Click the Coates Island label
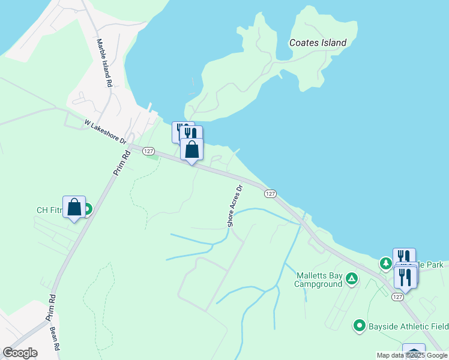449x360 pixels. coord(318,43)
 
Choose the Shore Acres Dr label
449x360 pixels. coord(235,206)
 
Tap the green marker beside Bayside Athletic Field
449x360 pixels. coord(360,326)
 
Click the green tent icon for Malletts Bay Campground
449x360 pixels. coord(352,278)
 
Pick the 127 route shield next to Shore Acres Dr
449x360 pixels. coord(270,193)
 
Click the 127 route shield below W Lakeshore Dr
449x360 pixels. coord(149,152)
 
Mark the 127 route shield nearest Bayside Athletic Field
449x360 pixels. coord(397,296)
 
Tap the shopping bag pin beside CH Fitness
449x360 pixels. coord(74,208)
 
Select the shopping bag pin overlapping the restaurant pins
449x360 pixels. coord(191,149)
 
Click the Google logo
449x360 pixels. coord(19,353)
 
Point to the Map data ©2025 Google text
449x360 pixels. coord(412,355)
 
